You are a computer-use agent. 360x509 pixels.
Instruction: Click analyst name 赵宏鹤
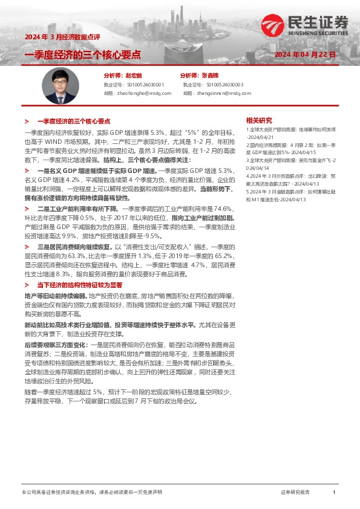coord(133,76)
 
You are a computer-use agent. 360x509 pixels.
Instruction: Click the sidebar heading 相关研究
coord(259,120)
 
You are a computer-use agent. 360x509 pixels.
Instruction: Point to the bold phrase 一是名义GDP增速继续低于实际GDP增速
coord(93,172)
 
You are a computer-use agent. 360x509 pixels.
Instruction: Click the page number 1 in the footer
coord(334,493)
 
